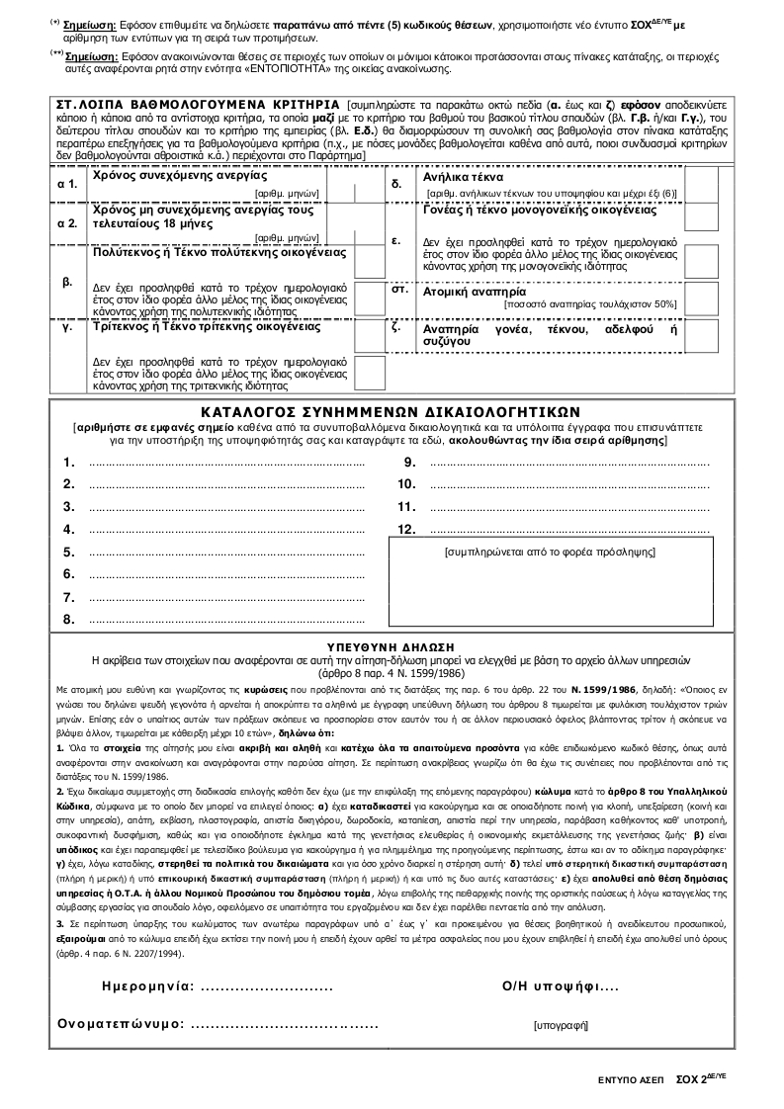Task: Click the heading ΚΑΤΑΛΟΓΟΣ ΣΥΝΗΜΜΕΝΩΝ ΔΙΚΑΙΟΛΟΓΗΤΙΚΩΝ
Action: pyautogui.click(x=392, y=411)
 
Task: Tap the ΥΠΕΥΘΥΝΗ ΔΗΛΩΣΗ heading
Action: pyautogui.click(x=392, y=642)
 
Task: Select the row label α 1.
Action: pyautogui.click(x=67, y=184)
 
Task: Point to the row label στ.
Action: pyautogui.click(x=401, y=291)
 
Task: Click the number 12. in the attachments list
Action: pyautogui.click(x=405, y=530)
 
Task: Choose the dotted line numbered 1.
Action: pyautogui.click(x=226, y=463)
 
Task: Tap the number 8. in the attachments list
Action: pyautogui.click(x=69, y=620)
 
